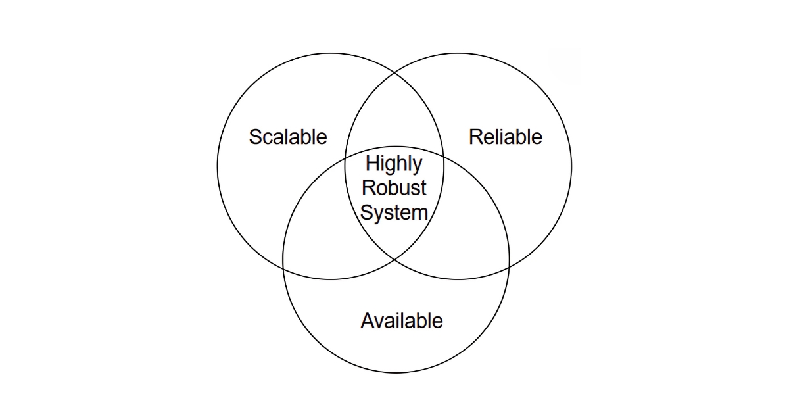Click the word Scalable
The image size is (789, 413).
287,137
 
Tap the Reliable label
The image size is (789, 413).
505,137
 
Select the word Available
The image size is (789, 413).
402,321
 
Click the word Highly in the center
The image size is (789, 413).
394,164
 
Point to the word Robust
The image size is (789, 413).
394,188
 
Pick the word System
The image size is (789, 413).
394,212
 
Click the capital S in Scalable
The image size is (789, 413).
255,137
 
